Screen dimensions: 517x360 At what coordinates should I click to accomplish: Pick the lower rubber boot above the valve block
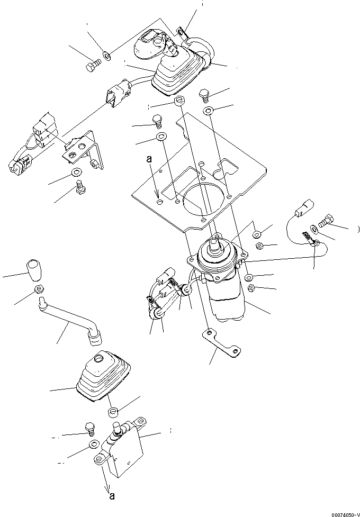click(103, 377)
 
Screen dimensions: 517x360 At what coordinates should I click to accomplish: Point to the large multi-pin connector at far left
click(26, 146)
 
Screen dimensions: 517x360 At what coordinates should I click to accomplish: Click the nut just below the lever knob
click(38, 289)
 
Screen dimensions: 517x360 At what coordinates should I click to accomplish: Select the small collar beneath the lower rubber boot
click(112, 412)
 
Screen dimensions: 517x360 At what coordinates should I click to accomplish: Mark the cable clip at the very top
click(182, 35)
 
